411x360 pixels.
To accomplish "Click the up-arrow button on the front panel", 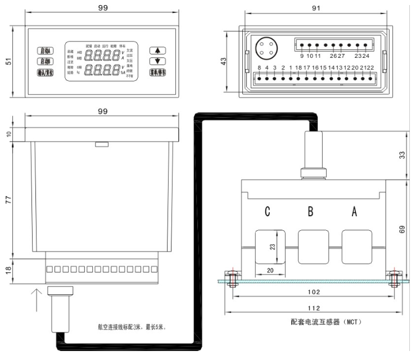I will click(x=159, y=50).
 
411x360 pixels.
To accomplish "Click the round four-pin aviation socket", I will click(x=265, y=47).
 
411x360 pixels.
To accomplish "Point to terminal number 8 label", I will click(x=259, y=68).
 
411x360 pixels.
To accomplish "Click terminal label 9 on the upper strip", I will click(x=302, y=56).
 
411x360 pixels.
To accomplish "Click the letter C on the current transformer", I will click(x=268, y=212).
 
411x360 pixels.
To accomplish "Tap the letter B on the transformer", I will click(x=310, y=212).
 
